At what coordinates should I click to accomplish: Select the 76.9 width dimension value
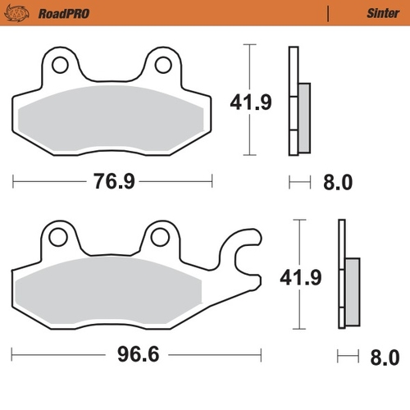pyautogui.click(x=112, y=181)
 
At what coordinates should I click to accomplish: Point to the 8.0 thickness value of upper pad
pyautogui.click(x=336, y=182)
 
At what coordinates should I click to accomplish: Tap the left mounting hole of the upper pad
pyautogui.click(x=58, y=63)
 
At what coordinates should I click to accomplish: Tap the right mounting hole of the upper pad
pyautogui.click(x=163, y=63)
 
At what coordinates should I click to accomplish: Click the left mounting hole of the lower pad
pyautogui.click(x=58, y=237)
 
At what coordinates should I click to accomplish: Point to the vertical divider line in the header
pyautogui.click(x=327, y=13)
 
